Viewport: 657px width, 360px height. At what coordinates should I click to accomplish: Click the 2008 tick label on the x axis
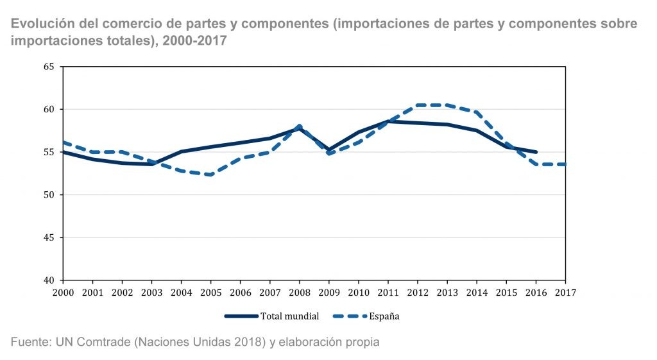(299, 292)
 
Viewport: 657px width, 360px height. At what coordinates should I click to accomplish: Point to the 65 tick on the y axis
(49, 67)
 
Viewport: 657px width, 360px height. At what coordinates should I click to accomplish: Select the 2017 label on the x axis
(565, 292)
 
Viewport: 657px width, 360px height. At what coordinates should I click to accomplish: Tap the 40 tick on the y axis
(49, 280)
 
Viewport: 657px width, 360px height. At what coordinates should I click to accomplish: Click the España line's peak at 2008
(300, 126)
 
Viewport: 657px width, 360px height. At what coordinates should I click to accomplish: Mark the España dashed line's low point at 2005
(210, 175)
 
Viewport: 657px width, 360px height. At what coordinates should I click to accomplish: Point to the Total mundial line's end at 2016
(536, 152)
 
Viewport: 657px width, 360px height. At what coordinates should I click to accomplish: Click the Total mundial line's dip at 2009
(329, 150)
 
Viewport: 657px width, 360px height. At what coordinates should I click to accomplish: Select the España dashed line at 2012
(418, 105)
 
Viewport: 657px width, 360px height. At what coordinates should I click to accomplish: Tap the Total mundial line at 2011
(388, 121)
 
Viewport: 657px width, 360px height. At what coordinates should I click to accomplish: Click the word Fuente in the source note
(30, 342)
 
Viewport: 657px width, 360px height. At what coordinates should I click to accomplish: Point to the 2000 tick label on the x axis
(63, 292)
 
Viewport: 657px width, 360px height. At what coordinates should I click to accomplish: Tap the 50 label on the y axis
(49, 195)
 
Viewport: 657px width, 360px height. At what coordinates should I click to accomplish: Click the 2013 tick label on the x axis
(447, 292)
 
